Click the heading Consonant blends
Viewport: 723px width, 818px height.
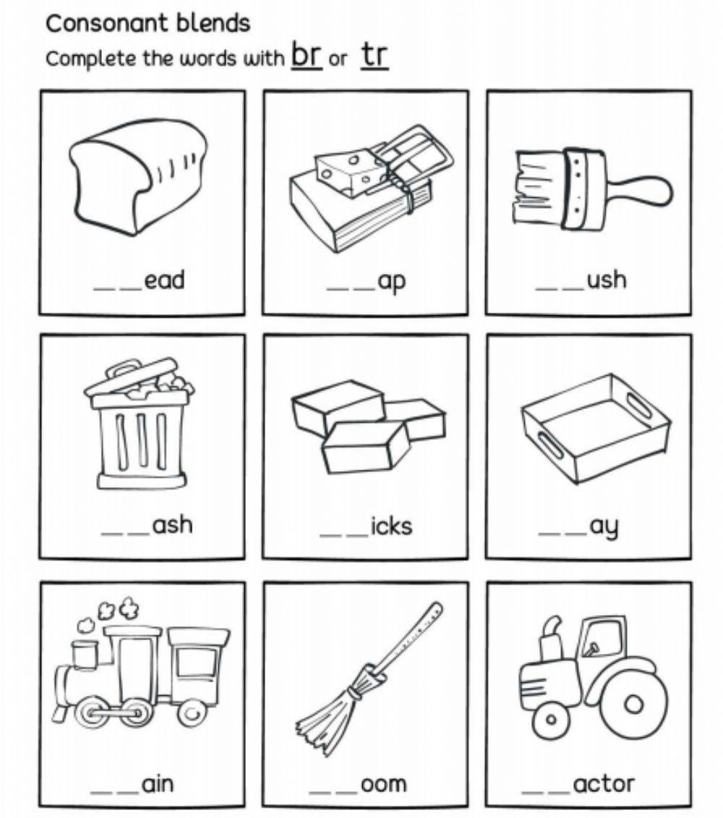pyautogui.click(x=147, y=23)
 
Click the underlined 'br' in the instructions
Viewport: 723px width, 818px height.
pyautogui.click(x=307, y=55)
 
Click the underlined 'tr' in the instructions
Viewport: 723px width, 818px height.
pyautogui.click(x=375, y=55)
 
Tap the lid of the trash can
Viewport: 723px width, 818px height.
pyautogui.click(x=137, y=379)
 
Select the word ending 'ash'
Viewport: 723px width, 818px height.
pyautogui.click(x=172, y=524)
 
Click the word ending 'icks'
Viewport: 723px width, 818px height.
pyautogui.click(x=390, y=525)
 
